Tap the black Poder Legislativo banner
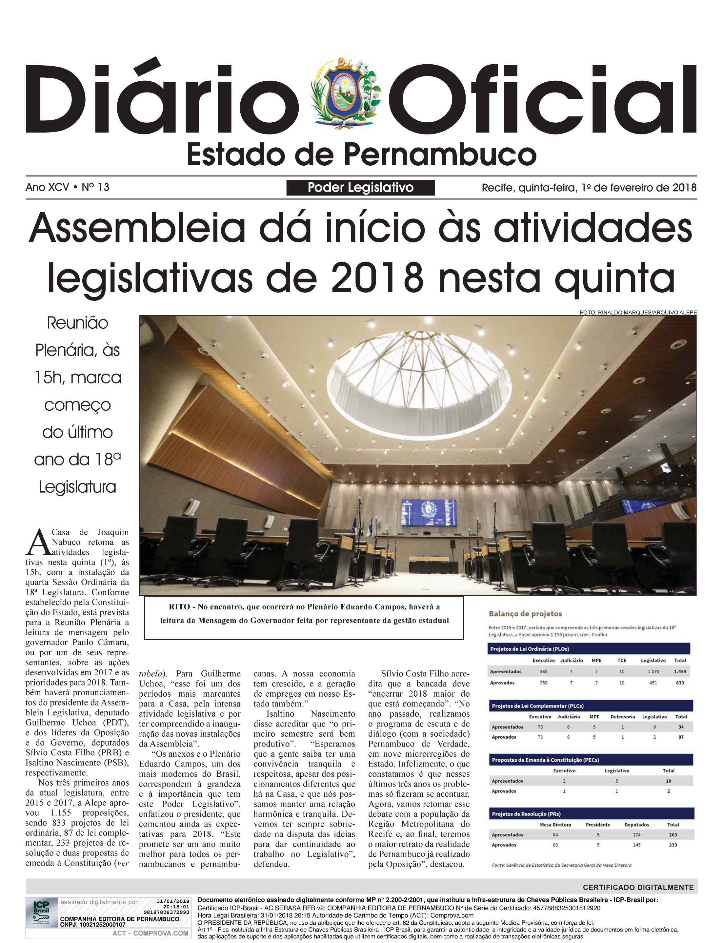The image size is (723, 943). tap(360, 188)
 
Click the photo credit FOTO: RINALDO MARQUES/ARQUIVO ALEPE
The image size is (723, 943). tap(638, 313)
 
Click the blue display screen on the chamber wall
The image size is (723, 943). tap(429, 513)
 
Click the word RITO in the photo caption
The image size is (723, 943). tap(179, 607)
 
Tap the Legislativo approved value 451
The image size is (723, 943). tap(653, 683)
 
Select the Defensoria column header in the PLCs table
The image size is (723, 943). tap(622, 717)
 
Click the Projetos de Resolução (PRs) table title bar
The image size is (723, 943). tap(592, 814)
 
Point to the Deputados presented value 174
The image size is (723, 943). tap(636, 834)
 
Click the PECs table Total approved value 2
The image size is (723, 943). tap(668, 791)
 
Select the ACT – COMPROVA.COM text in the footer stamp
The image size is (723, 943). tap(150, 933)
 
